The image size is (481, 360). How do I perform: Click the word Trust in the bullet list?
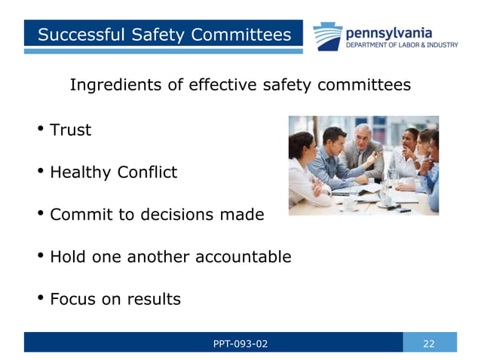pyautogui.click(x=70, y=130)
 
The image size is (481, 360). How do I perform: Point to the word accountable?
pyautogui.click(x=243, y=257)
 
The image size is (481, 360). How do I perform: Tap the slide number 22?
pyautogui.click(x=429, y=343)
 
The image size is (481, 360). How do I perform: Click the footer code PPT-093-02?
pyautogui.click(x=240, y=343)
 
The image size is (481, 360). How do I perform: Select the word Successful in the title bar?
pyautogui.click(x=80, y=35)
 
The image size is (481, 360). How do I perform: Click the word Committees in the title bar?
pyautogui.click(x=241, y=35)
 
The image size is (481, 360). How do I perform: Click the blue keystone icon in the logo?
pyautogui.click(x=328, y=36)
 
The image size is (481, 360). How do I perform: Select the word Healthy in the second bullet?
pyautogui.click(x=81, y=172)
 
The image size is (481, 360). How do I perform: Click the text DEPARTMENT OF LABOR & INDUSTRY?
pyautogui.click(x=401, y=45)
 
